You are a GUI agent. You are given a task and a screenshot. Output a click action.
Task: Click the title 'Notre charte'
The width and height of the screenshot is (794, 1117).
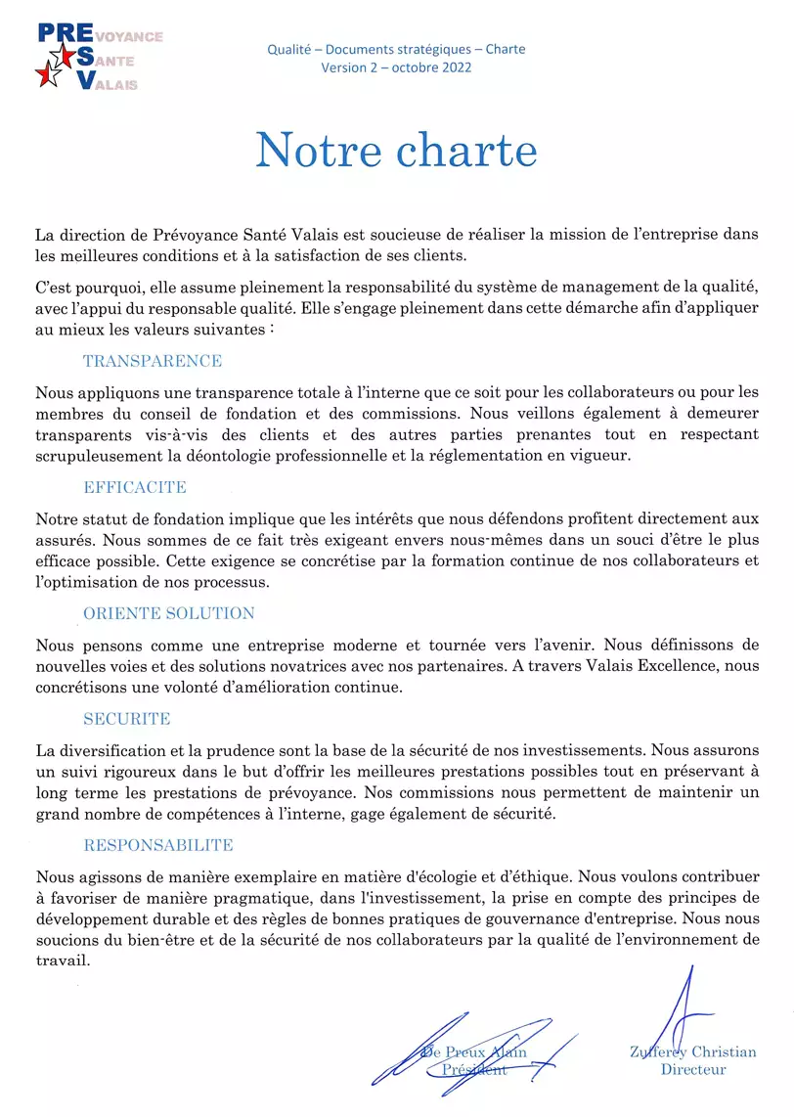(396, 152)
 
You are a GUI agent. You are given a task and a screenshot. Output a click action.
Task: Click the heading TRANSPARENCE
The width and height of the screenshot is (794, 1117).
(153, 362)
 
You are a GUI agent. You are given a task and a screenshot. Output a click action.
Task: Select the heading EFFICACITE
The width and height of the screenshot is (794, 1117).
(135, 488)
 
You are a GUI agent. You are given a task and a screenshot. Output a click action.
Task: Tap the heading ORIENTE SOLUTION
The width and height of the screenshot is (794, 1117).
(169, 614)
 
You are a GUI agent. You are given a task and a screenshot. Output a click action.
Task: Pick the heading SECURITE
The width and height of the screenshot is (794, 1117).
(127, 720)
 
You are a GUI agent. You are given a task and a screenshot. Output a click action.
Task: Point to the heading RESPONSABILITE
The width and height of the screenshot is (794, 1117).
(158, 846)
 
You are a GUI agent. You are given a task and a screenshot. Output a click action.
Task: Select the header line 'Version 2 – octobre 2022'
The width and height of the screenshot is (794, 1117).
(396, 67)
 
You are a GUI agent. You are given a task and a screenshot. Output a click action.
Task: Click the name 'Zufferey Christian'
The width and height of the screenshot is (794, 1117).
(693, 1052)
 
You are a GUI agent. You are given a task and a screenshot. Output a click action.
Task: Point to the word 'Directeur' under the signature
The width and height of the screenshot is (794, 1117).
(693, 1070)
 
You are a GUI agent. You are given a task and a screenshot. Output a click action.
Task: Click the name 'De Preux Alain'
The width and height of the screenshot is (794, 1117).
(474, 1052)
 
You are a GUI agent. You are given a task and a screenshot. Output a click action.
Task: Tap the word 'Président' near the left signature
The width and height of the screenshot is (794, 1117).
(474, 1070)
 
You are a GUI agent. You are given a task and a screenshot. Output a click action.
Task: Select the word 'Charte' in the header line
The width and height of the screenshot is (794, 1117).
(504, 49)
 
